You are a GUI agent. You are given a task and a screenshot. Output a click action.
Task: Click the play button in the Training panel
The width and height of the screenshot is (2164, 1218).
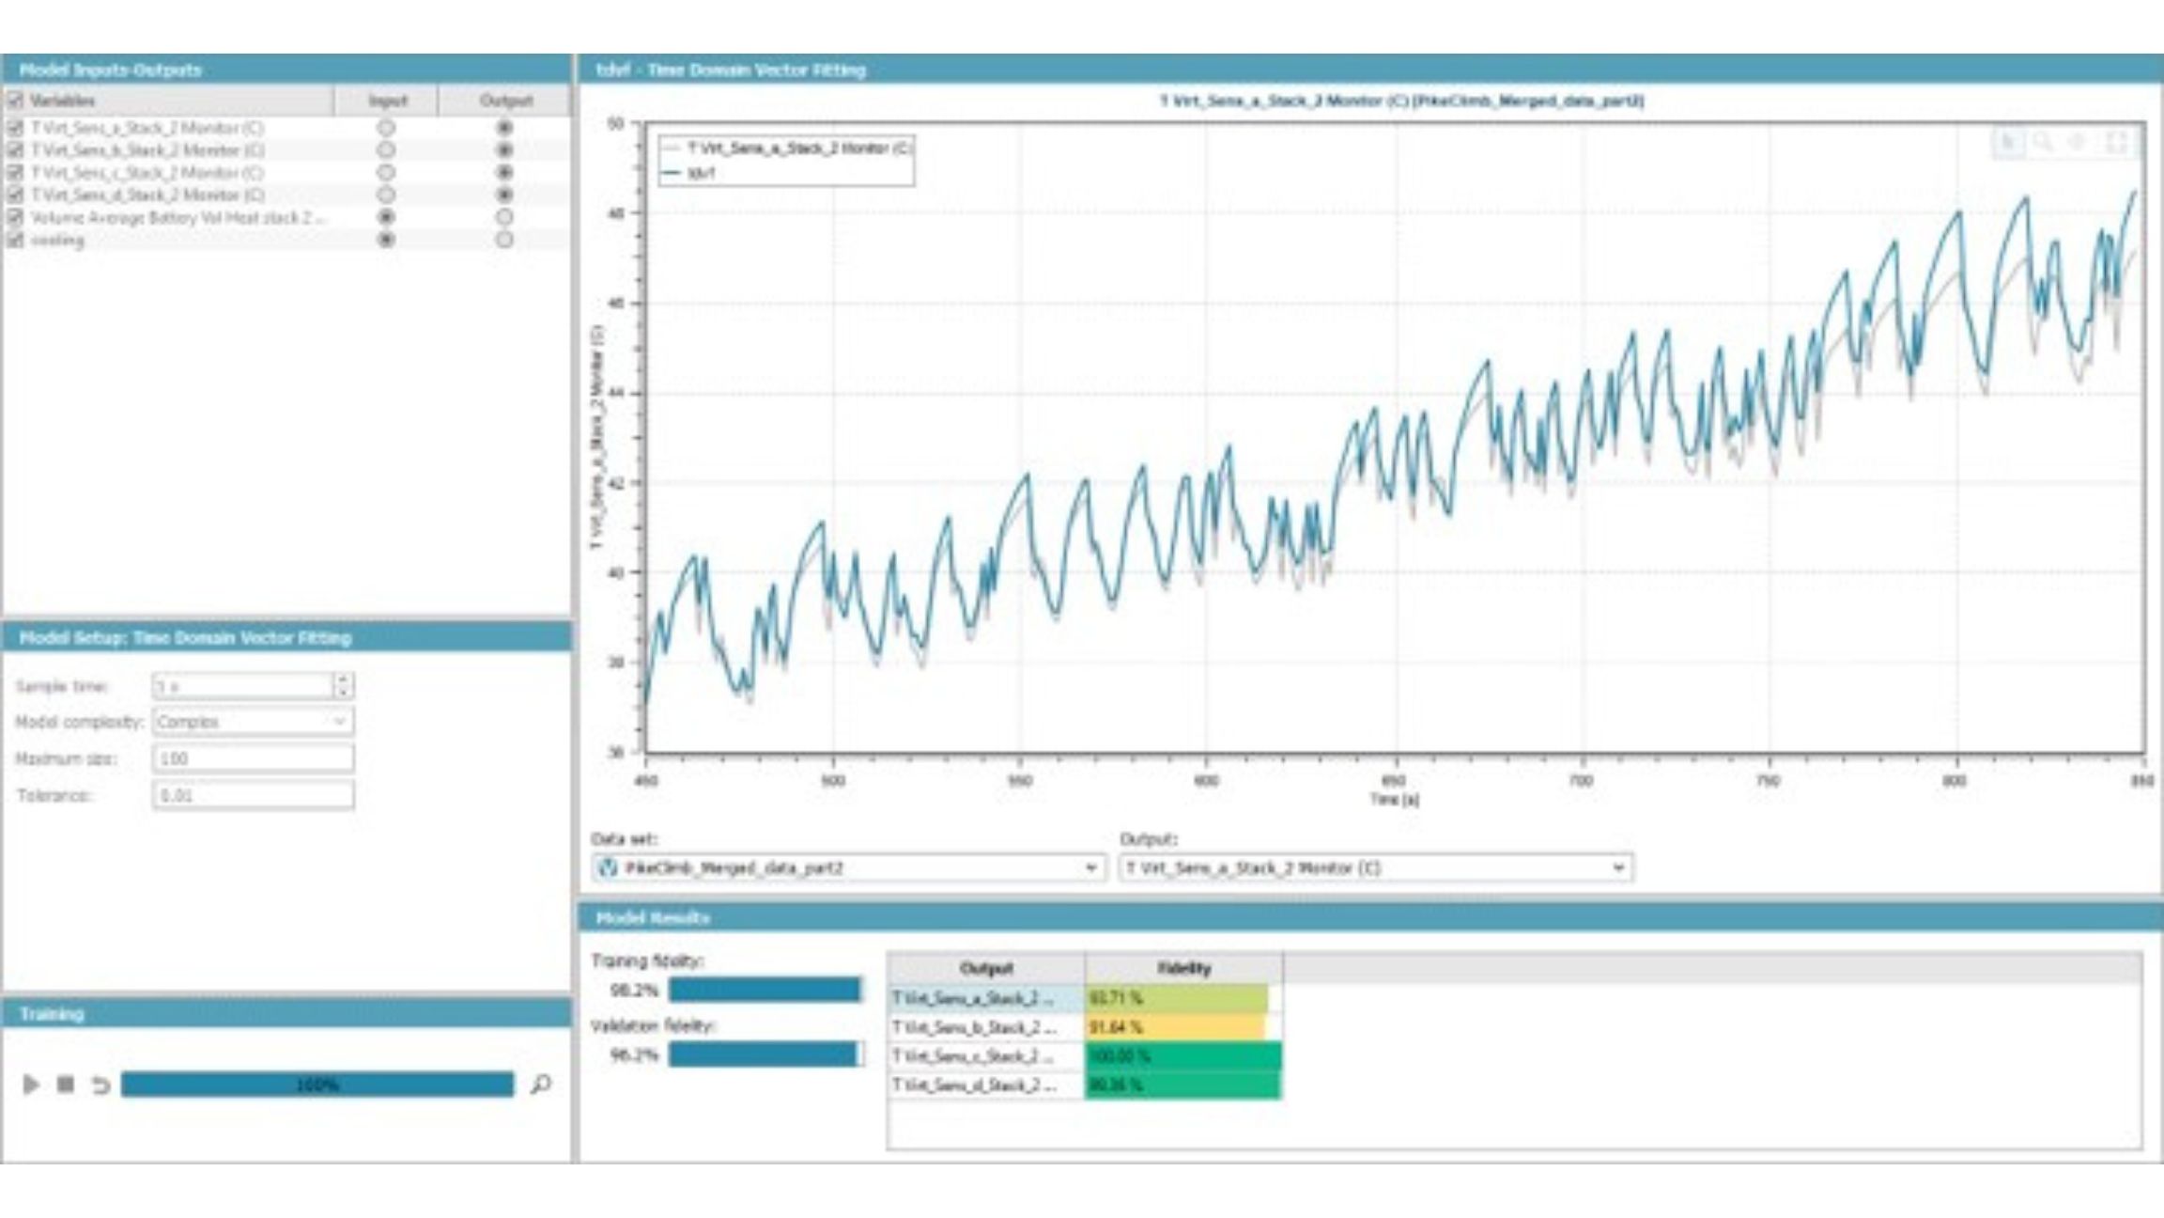click(x=31, y=1085)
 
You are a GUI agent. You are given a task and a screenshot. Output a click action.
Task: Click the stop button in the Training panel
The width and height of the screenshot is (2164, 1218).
click(x=66, y=1085)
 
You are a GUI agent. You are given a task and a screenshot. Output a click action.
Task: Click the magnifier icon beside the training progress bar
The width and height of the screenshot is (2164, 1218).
click(x=540, y=1085)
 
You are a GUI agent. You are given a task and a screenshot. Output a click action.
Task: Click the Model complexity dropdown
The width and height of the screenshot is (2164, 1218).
click(x=253, y=722)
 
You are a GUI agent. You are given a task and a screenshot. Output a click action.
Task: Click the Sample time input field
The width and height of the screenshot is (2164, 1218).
click(x=242, y=686)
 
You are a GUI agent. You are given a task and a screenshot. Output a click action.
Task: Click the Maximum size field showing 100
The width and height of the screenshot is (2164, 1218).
click(x=253, y=758)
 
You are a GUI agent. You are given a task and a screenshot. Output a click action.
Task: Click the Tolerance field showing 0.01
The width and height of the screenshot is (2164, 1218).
click(x=253, y=795)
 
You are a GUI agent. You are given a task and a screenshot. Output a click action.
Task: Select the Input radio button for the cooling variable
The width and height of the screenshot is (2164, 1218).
click(x=386, y=240)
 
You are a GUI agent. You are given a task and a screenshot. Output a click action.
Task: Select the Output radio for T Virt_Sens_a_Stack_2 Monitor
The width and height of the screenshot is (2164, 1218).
click(x=504, y=127)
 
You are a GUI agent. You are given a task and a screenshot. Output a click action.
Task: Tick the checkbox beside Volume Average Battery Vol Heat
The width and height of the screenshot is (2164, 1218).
click(x=15, y=217)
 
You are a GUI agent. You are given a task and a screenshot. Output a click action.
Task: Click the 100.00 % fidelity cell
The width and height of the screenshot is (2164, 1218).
click(x=1182, y=1056)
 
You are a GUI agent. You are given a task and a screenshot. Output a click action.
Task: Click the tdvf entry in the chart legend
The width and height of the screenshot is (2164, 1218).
click(x=702, y=173)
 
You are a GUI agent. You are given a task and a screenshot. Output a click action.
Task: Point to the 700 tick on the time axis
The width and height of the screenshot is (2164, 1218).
click(x=1581, y=780)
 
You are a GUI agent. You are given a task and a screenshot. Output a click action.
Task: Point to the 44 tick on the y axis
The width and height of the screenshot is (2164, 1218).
click(x=616, y=394)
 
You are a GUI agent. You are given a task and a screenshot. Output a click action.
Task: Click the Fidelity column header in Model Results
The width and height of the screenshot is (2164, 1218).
click(x=1183, y=968)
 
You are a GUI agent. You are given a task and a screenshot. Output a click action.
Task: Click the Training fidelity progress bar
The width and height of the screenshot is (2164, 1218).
click(x=765, y=990)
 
